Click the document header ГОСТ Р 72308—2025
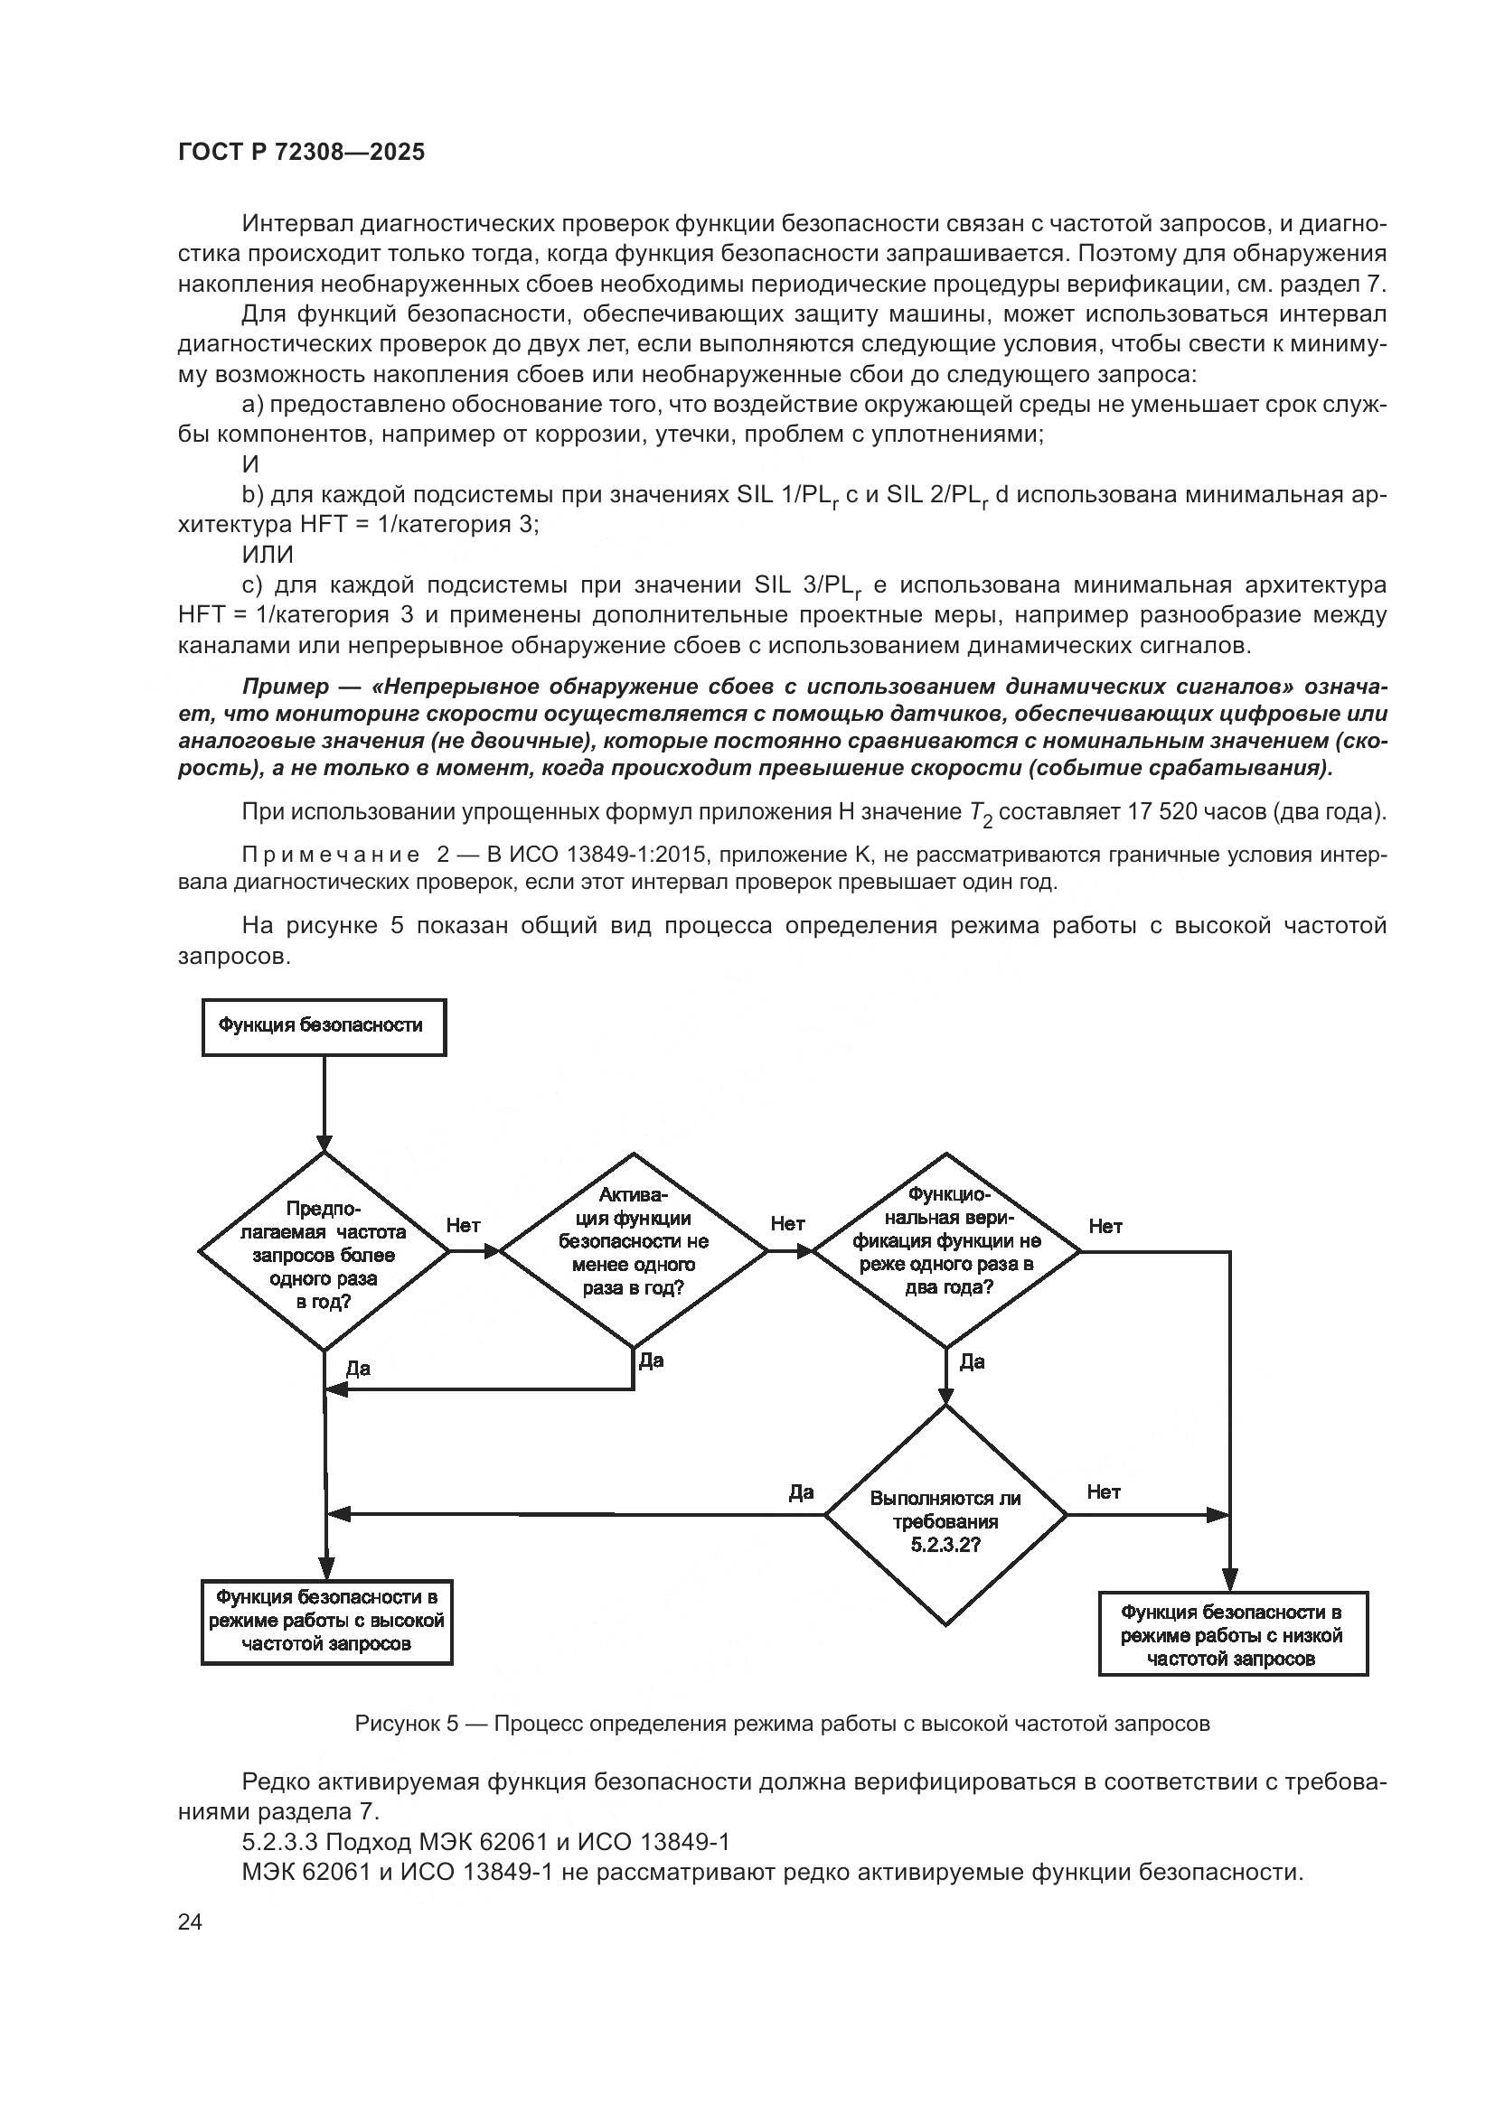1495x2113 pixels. tap(301, 152)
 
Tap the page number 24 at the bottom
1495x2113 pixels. tap(190, 1921)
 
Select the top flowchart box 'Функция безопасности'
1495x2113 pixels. tap(323, 1026)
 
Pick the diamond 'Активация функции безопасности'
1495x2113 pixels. tap(634, 1250)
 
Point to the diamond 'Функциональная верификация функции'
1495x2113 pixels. tap(945, 1250)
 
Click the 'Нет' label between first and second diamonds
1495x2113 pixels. tap(463, 1225)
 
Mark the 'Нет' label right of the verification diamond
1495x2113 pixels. tap(1105, 1226)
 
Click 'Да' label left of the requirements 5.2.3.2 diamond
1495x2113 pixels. tap(801, 1491)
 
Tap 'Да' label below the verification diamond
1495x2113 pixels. tap(973, 1361)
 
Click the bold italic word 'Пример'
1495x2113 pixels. tap(285, 687)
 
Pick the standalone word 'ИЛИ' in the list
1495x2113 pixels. tap(267, 555)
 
